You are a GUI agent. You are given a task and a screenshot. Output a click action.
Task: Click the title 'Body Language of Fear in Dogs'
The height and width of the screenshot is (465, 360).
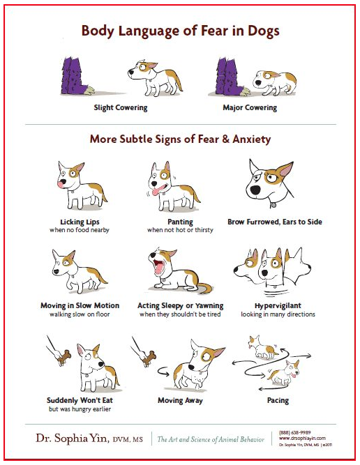tap(180, 31)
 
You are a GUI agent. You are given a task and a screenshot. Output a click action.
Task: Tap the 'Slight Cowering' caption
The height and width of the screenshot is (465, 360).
tap(120, 108)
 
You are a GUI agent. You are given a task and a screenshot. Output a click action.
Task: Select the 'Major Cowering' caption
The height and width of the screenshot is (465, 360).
tap(250, 108)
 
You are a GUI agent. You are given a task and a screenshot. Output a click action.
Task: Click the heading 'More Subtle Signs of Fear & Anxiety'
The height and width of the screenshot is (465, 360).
tap(180, 139)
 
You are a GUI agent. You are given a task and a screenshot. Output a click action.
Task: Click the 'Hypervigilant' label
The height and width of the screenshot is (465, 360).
tap(278, 305)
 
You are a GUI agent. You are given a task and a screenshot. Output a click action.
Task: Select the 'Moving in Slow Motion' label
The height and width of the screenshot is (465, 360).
tap(80, 305)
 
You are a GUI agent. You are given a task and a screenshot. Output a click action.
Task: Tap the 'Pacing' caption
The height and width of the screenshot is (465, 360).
tap(277, 401)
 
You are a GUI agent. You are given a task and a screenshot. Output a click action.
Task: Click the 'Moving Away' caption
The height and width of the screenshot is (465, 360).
tap(179, 401)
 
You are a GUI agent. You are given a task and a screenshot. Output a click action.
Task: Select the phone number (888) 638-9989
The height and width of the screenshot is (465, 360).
tap(294, 431)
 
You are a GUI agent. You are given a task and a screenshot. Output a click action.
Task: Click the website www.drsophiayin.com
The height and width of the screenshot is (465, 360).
tap(301, 439)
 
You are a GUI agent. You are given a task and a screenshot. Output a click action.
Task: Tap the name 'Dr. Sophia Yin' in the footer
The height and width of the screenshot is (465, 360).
tap(69, 439)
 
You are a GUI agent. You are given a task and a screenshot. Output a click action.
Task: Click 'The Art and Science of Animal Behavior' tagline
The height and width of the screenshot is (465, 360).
tap(211, 439)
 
